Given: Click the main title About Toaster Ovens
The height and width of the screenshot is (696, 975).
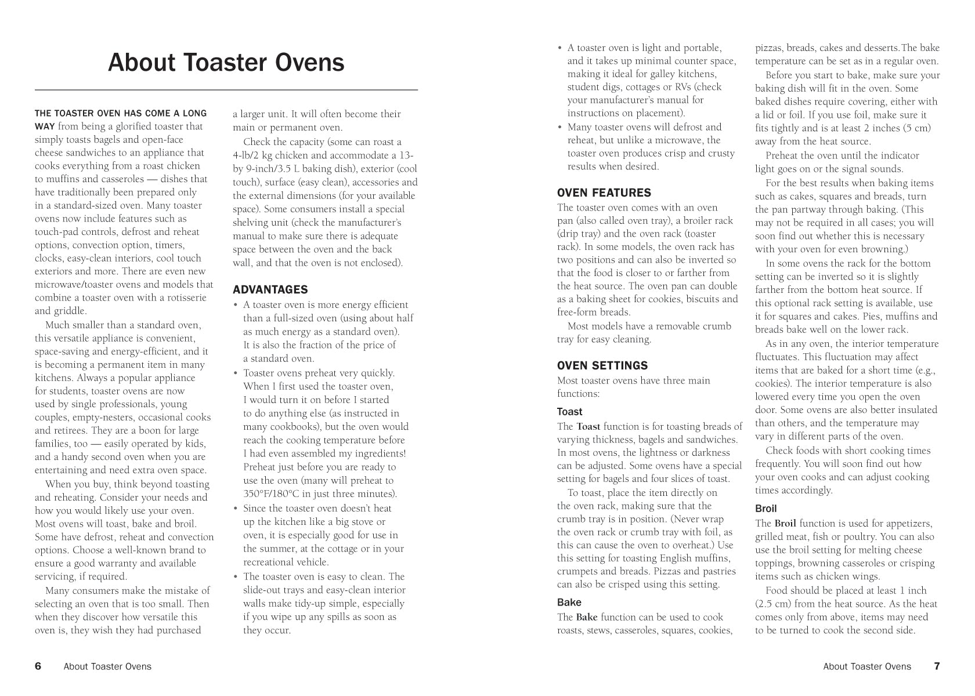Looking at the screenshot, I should (x=226, y=63).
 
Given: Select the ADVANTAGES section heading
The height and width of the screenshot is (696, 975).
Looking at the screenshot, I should (x=270, y=289).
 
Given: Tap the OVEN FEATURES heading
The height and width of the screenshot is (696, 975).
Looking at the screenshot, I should (x=604, y=193).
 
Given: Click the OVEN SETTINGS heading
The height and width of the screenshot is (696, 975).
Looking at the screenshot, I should (x=602, y=365).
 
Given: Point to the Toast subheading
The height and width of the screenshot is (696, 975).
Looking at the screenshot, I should (x=569, y=412).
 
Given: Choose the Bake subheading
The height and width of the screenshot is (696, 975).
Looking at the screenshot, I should (x=569, y=603).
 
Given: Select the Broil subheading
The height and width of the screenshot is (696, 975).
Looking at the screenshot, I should (x=765, y=509).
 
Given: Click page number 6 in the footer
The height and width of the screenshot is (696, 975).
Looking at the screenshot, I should (x=38, y=666).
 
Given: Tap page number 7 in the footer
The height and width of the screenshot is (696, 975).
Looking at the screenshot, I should (x=936, y=666).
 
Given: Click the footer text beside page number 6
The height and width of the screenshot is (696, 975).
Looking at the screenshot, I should (x=107, y=666).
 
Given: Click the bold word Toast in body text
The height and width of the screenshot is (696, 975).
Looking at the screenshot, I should (x=588, y=426).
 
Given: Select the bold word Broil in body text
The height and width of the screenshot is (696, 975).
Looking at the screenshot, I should (x=785, y=523).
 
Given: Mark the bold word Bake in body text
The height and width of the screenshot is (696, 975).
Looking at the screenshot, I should (x=586, y=617).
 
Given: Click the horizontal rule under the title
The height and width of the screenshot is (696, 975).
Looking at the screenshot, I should (x=226, y=90).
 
